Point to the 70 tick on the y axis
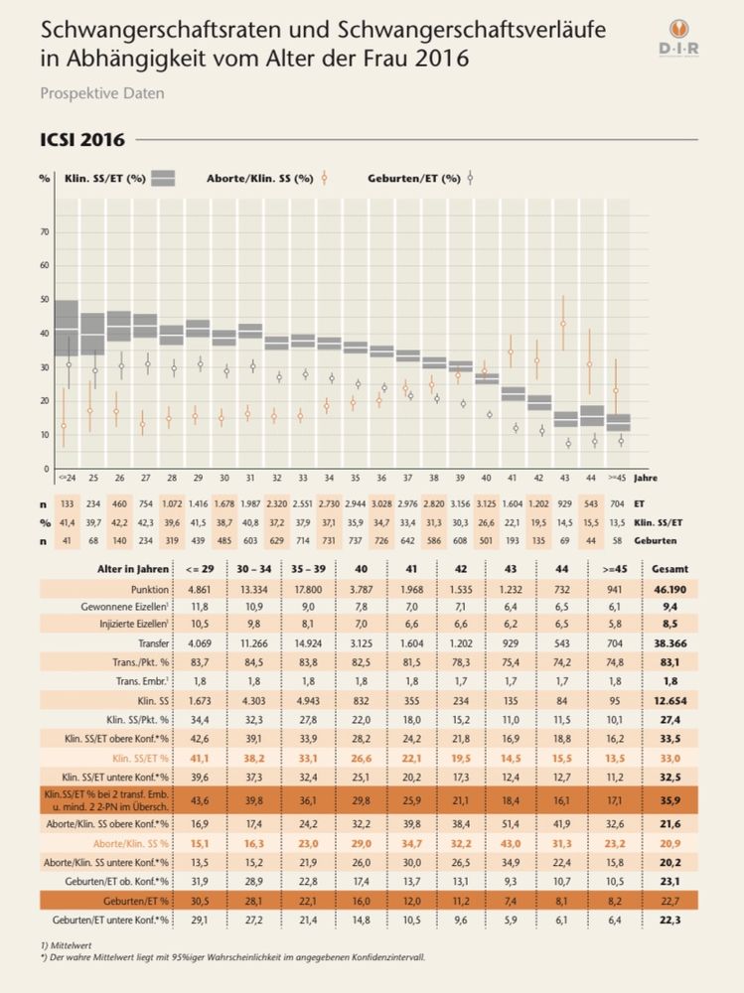coord(44,232)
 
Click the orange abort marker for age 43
coord(563,324)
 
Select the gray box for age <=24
coord(66,328)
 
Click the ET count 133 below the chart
coord(65,504)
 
